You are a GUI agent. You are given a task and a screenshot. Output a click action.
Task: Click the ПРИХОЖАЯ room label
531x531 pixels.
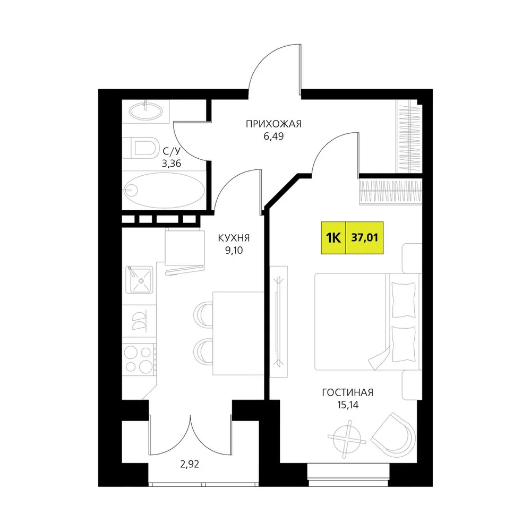coord(273,124)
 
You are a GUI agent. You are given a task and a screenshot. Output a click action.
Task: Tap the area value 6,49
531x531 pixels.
coord(273,136)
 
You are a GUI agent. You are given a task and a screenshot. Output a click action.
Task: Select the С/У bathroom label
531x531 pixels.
coord(172,151)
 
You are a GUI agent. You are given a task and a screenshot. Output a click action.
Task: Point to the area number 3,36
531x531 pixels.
coord(172,164)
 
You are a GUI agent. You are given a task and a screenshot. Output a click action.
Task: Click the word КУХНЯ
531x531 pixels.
coord(234,238)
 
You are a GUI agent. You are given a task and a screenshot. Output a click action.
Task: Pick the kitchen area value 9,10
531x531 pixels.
coord(234,250)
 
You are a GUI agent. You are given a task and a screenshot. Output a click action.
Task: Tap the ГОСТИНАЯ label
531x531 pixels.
coord(347,392)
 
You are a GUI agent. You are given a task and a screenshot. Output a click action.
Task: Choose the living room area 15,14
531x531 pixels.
coord(347,405)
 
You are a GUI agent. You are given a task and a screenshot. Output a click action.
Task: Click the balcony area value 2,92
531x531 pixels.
coord(190,464)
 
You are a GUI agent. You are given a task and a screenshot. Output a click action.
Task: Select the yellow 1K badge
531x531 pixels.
coord(333,238)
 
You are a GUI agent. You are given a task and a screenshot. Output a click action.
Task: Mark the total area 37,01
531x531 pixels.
coord(364,238)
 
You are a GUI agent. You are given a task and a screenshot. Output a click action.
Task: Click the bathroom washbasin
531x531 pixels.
coord(146,111)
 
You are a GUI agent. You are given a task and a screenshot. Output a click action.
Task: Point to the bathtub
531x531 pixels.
coord(164,190)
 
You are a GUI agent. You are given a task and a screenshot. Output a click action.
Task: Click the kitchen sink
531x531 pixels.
coord(139,280)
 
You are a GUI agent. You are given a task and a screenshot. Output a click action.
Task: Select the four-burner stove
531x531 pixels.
coord(139,359)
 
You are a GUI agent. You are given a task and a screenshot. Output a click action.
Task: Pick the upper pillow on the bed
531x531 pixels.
coord(404,300)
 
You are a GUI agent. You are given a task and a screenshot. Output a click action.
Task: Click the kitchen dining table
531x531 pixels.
coord(238,333)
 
